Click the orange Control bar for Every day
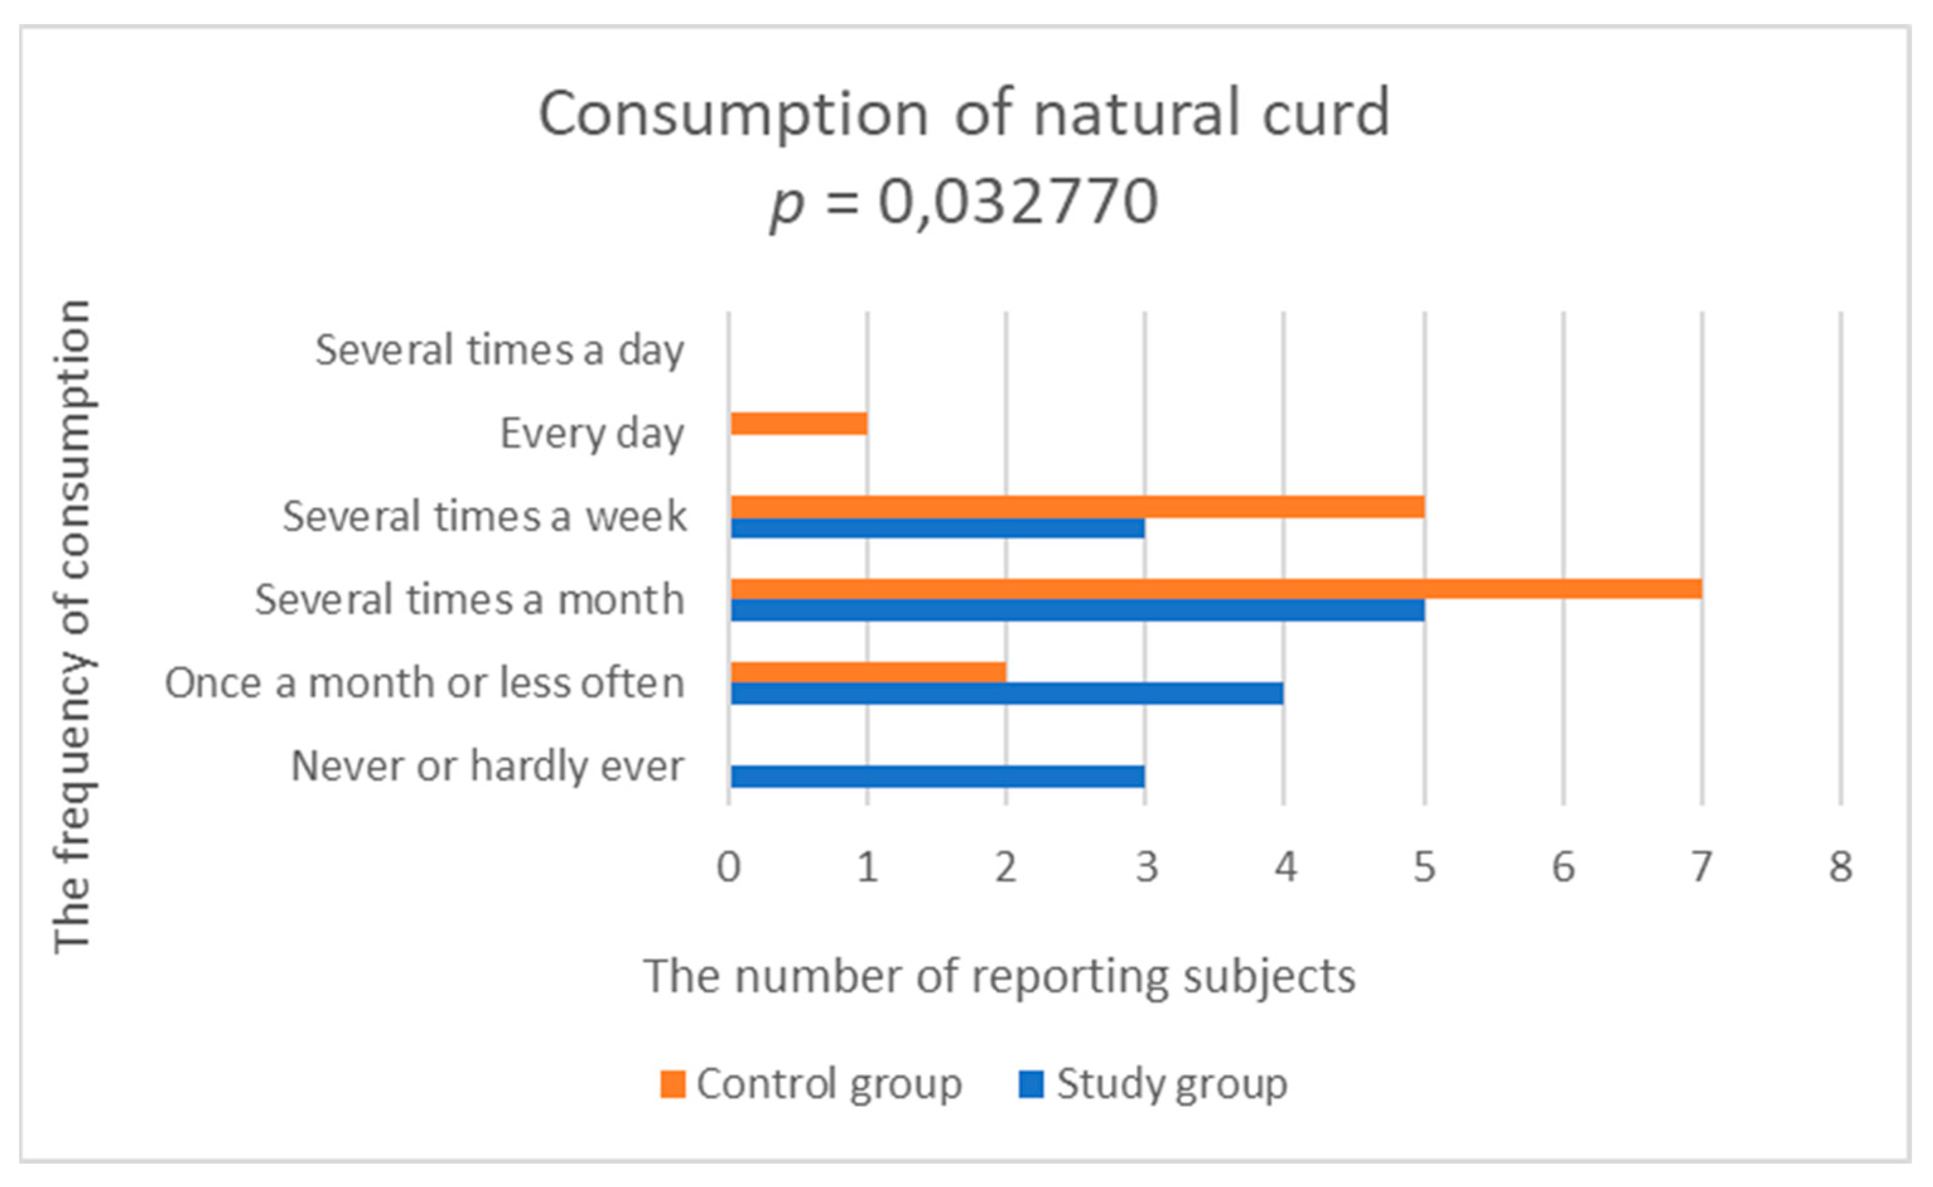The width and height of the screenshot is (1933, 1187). (x=798, y=424)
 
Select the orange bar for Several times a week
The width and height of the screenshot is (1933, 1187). (x=1077, y=507)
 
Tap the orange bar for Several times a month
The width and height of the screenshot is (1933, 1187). (x=1216, y=590)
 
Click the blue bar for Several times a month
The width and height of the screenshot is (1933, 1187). (x=1077, y=611)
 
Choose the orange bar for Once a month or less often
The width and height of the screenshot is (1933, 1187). (x=868, y=673)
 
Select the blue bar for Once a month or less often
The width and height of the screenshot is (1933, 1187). (x=1007, y=694)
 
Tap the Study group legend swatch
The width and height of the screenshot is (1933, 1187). (x=1031, y=1085)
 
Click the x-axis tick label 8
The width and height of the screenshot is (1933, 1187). (x=1840, y=868)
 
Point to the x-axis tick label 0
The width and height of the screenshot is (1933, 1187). (x=728, y=868)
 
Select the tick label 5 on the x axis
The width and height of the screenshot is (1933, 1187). (x=1424, y=868)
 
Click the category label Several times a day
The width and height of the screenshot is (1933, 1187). (x=499, y=350)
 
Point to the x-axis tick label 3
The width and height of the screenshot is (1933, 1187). (x=1146, y=868)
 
